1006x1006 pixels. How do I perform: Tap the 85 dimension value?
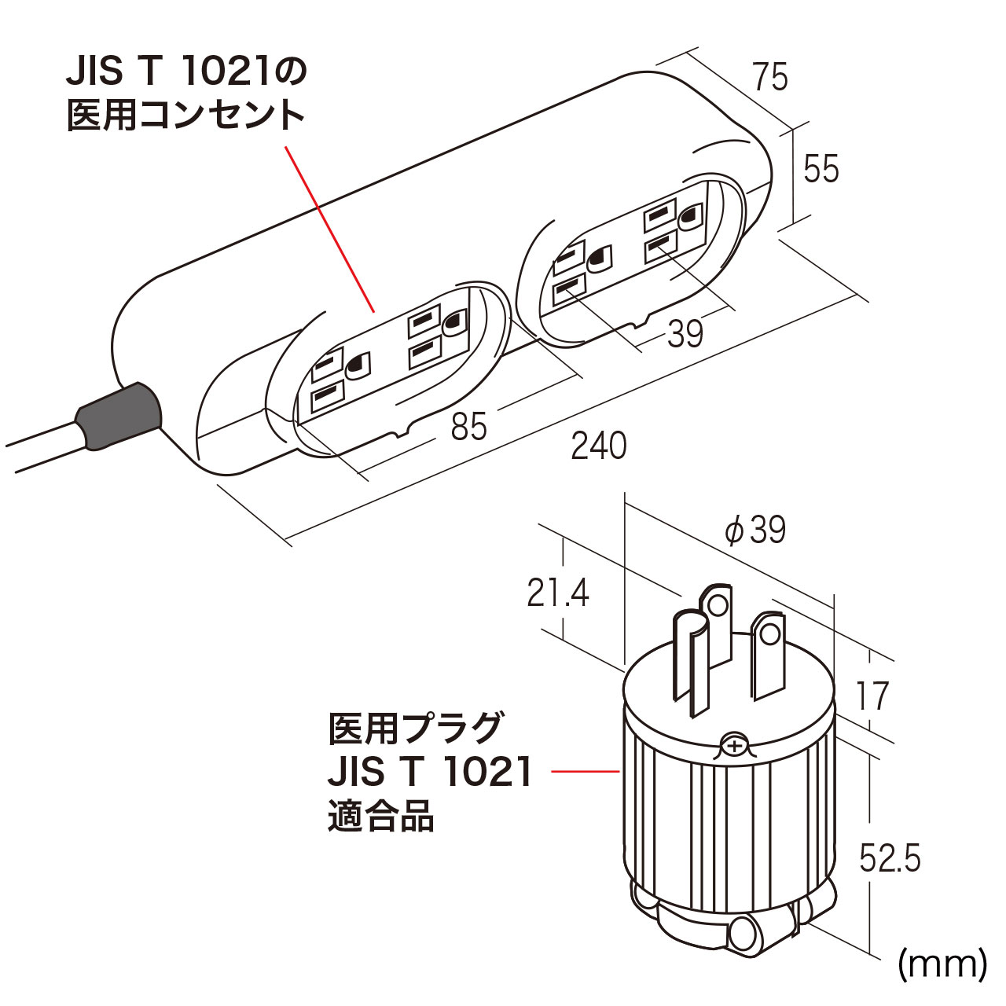[x=468, y=427]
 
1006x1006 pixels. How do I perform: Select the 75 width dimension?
[x=769, y=77]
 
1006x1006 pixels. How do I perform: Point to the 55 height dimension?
[x=821, y=169]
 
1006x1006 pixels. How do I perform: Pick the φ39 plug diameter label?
[x=755, y=531]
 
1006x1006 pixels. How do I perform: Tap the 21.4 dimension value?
[x=558, y=593]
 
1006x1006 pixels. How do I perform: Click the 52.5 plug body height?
[x=889, y=859]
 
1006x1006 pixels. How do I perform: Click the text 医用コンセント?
[x=185, y=117]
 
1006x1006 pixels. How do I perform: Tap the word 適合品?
[x=381, y=817]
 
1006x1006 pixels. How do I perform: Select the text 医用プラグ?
[x=414, y=728]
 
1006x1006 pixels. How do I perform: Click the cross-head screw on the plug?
[x=733, y=745]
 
